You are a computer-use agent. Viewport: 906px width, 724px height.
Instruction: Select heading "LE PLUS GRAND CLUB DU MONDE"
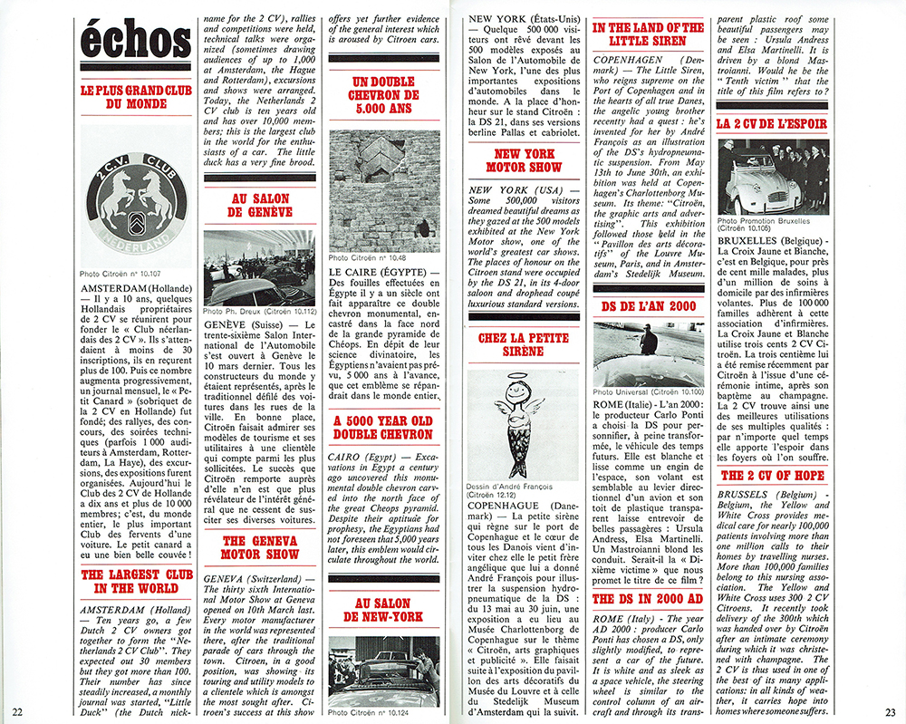136,97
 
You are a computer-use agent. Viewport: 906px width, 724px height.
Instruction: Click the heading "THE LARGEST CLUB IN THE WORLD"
136,582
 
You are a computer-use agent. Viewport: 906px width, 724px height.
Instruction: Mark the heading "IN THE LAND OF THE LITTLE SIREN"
648,34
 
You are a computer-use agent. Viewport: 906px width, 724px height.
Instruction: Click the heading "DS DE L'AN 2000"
649,306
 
